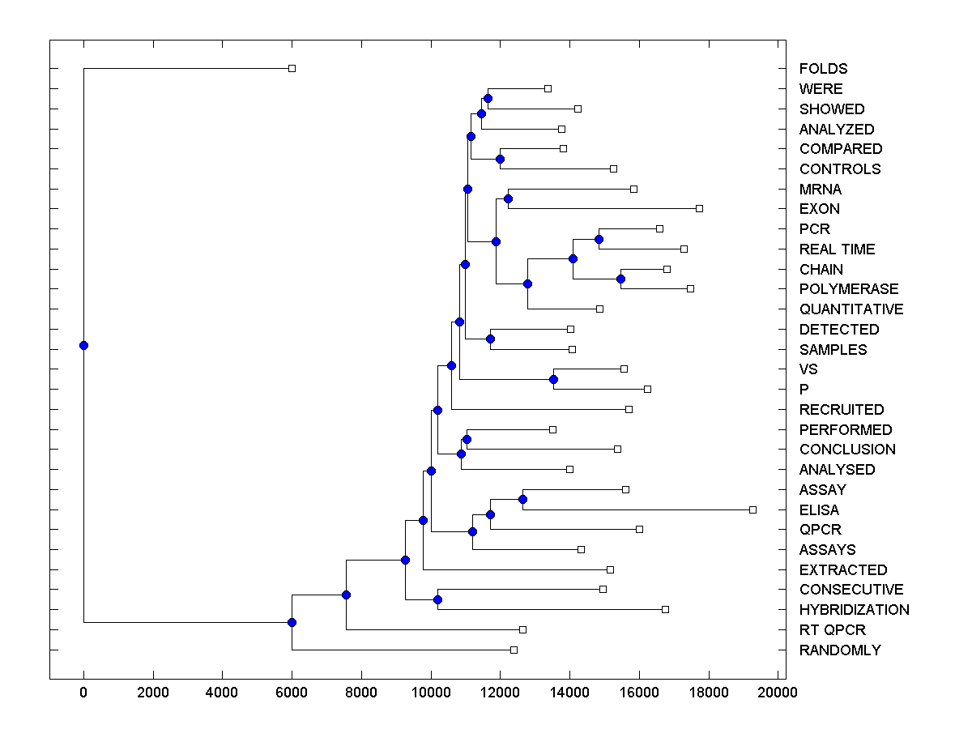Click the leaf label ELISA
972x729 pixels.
coord(819,510)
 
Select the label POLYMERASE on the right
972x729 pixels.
coord(849,289)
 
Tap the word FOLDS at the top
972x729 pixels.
coord(823,69)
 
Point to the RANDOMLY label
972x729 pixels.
coord(839,650)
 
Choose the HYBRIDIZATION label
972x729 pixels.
coord(854,610)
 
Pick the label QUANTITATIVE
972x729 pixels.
coord(850,309)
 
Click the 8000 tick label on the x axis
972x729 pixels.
coord(361,692)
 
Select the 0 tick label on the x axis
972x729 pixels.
coord(83,692)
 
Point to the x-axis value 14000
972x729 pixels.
coord(569,692)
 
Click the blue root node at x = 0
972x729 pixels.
coord(83,345)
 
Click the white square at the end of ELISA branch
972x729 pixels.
coord(752,509)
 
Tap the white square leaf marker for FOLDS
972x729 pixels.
coord(292,68)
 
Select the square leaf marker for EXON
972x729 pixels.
coord(699,208)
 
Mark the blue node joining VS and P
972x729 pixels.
coord(554,379)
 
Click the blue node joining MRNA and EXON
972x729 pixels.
coord(508,198)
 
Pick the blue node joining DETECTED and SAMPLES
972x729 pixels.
coord(490,339)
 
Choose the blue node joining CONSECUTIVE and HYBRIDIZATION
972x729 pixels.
coord(437,599)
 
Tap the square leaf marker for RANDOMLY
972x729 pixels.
coord(514,650)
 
